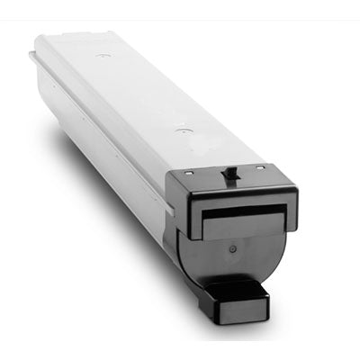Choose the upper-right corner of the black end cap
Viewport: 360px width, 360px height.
point(296,186)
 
